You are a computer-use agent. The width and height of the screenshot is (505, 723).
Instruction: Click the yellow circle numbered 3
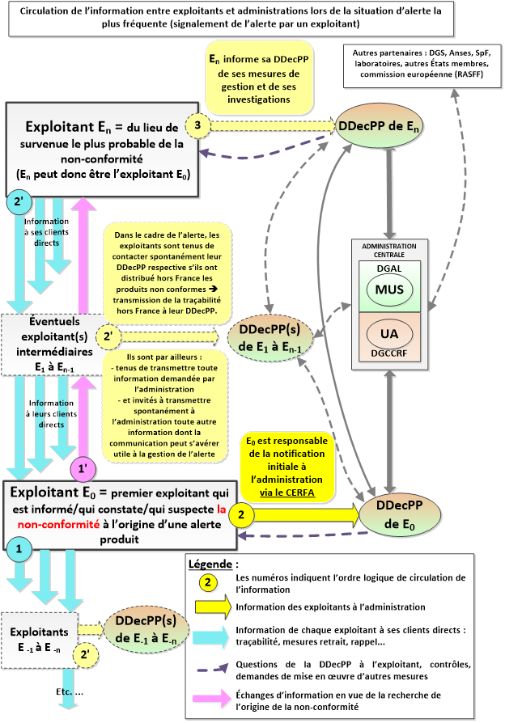(198, 125)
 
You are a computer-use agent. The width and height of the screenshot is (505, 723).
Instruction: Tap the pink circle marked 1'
(83, 467)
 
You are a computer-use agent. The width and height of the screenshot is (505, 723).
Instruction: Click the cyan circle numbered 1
(19, 548)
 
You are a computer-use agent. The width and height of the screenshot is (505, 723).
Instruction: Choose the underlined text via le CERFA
(287, 490)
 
